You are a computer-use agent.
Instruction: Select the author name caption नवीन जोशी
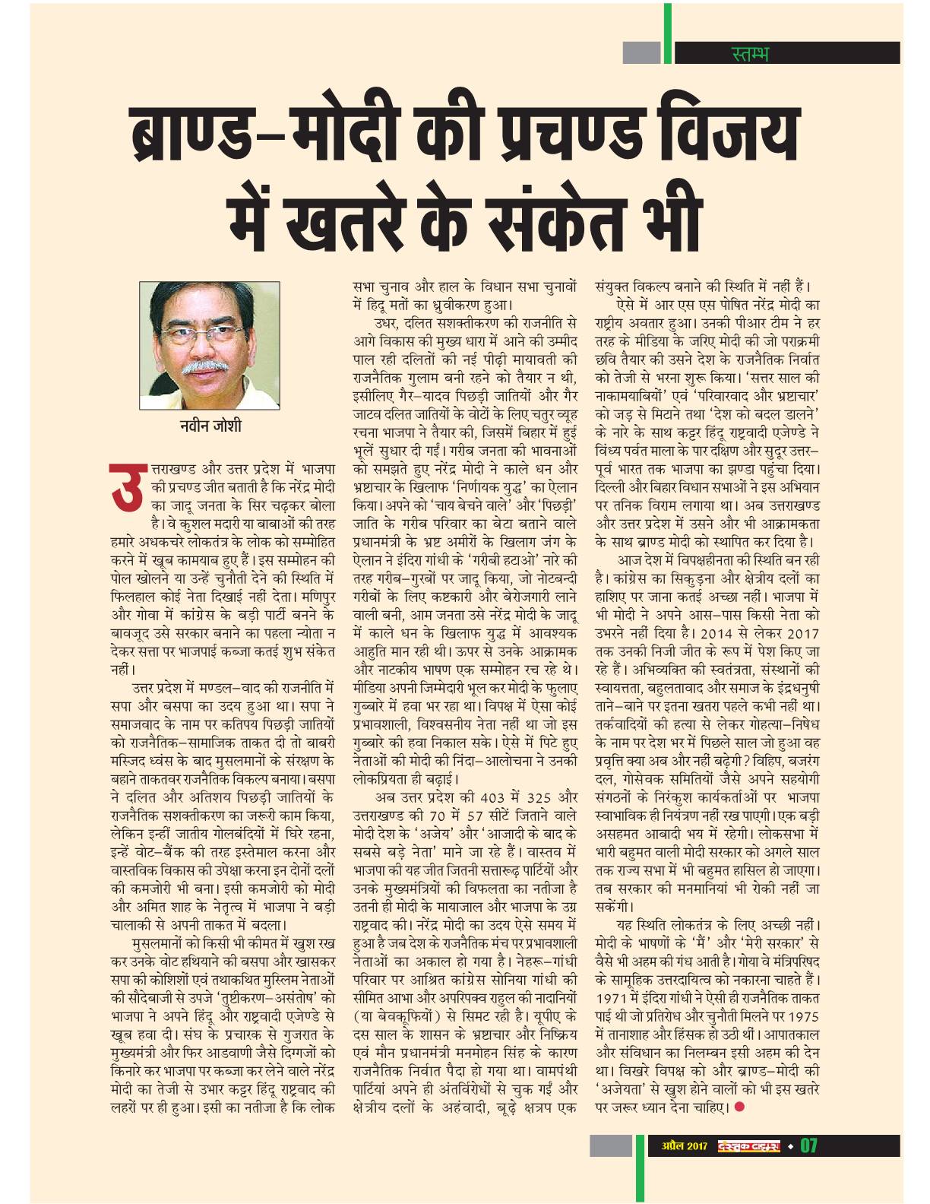pos(206,425)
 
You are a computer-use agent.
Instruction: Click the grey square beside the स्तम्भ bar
pos(641,53)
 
